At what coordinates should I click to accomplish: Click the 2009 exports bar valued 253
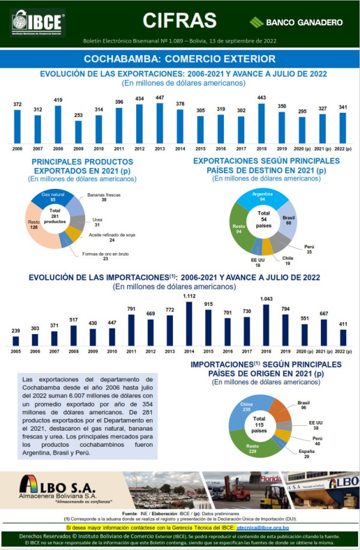point(78,131)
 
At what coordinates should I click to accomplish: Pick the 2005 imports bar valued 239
point(16,340)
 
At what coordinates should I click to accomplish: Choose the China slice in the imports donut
point(248,408)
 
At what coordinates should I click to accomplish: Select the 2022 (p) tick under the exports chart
point(343,148)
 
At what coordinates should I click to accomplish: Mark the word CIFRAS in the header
point(179,20)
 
